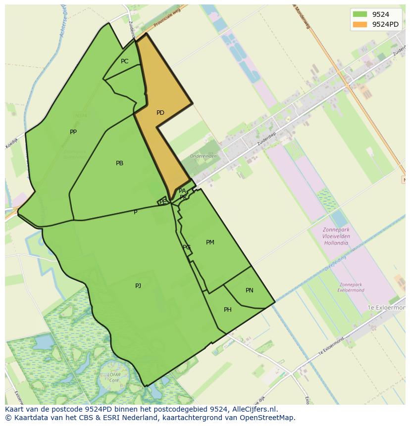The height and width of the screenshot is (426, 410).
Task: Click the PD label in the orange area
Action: point(160,113)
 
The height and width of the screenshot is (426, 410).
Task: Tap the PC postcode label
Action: point(124,61)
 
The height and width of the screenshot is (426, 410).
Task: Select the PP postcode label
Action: point(73,132)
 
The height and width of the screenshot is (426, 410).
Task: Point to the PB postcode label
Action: point(119,163)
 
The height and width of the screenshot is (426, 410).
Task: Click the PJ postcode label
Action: point(138,285)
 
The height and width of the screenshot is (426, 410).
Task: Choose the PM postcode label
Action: point(210,242)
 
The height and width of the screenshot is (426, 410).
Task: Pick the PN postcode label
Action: point(249,290)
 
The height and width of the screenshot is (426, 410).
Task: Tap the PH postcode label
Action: point(227,310)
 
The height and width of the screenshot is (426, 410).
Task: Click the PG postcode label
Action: point(186,247)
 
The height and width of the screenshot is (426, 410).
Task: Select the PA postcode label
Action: point(182,191)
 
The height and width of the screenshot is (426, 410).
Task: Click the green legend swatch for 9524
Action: point(360,14)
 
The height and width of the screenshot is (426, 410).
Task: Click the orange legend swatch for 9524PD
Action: point(360,24)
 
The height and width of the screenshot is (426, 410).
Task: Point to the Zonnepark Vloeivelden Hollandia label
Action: point(336,236)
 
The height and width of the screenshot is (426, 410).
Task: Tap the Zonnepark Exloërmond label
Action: point(352,287)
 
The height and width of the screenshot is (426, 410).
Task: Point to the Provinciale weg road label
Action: point(166,19)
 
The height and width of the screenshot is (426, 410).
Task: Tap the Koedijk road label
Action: point(11,143)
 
